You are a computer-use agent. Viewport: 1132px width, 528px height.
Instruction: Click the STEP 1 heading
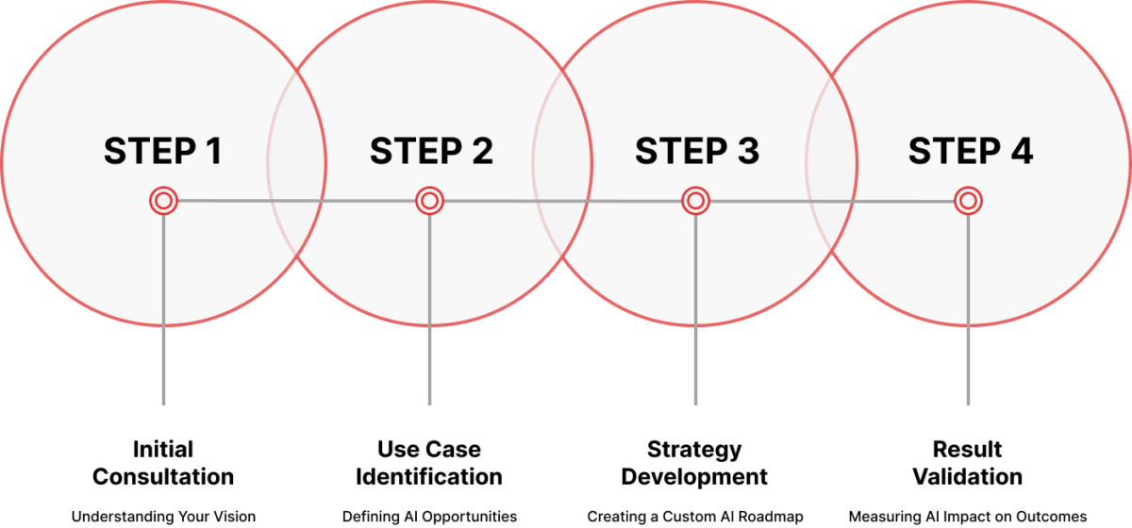pos(162,151)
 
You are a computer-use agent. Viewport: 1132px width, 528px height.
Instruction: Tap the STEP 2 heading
pos(431,151)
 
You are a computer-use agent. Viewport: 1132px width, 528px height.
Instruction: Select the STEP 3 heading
pos(697,151)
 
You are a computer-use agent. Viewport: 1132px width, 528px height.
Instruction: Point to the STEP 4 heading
pos(971,151)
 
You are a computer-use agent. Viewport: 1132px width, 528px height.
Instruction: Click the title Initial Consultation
pos(163,463)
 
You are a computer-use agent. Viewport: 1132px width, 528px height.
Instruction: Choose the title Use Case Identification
pos(429,463)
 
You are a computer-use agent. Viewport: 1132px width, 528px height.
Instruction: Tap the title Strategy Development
pos(694,463)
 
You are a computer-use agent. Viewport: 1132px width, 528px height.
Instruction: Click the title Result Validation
pos(967,463)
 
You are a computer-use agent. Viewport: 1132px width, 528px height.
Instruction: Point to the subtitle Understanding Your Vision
pos(163,517)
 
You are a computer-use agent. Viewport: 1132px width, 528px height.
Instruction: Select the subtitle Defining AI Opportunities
pos(429,517)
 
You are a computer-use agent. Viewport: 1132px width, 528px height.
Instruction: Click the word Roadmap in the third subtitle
pos(771,517)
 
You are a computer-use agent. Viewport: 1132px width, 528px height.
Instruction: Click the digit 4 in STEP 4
pos(1022,151)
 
